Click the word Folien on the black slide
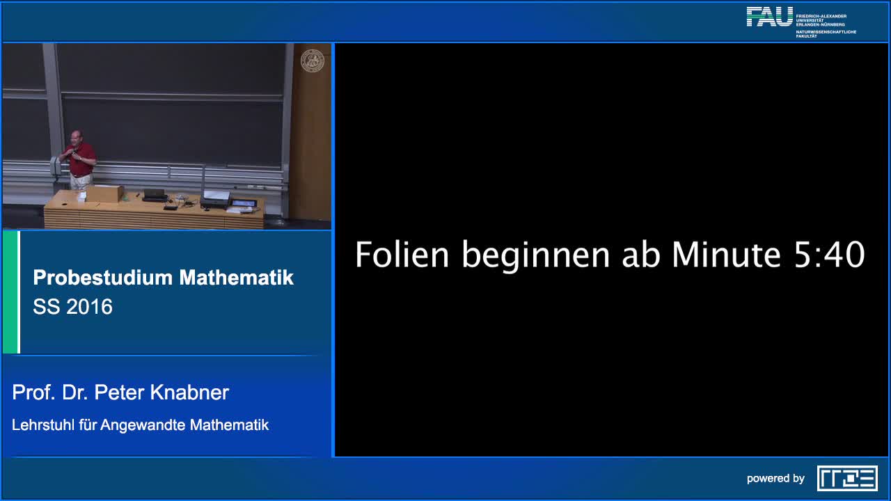[x=402, y=255]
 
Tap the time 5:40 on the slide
[x=829, y=255]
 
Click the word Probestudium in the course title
[x=102, y=278]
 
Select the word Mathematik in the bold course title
[x=237, y=278]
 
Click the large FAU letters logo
[x=770, y=17]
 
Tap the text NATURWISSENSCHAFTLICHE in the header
[x=826, y=32]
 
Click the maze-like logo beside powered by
[x=847, y=478]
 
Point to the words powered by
[x=775, y=479]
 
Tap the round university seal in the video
[x=312, y=61]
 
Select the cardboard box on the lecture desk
[x=104, y=193]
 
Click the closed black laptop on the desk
[x=155, y=195]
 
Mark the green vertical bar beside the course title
[x=10, y=292]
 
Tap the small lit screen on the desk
[x=244, y=203]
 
